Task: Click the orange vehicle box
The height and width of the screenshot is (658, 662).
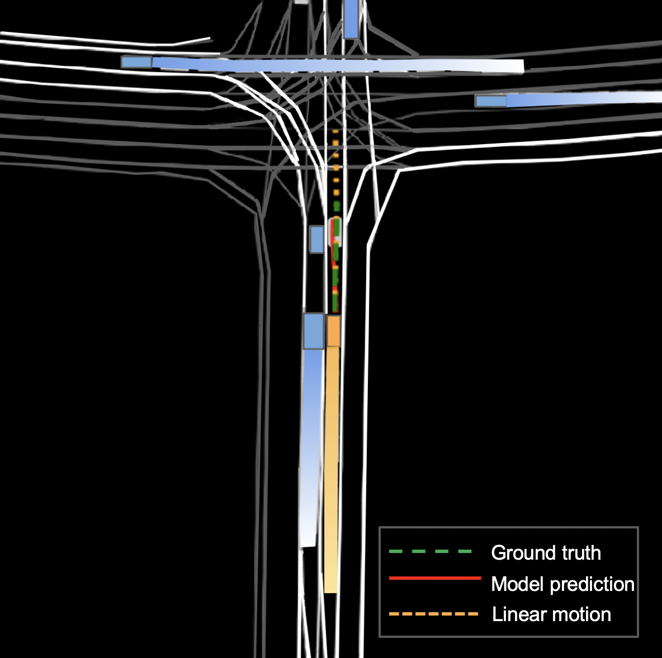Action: (x=333, y=331)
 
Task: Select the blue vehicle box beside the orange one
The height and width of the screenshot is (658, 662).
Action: (x=314, y=331)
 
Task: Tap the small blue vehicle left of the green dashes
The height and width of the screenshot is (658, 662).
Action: (x=317, y=239)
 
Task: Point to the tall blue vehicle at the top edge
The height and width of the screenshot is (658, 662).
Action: (x=351, y=18)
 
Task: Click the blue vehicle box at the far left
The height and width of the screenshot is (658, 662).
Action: (x=136, y=61)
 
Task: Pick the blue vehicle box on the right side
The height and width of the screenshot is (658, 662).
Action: (x=490, y=101)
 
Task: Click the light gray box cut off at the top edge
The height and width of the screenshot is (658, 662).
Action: (x=301, y=2)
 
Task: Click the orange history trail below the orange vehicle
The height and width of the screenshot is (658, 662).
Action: (x=332, y=469)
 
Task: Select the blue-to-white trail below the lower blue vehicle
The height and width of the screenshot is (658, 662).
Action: (x=311, y=447)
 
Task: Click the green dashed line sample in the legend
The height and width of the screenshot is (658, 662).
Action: (x=431, y=552)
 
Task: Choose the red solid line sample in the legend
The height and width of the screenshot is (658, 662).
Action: (x=434, y=578)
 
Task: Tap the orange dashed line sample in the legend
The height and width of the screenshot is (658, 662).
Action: (x=434, y=614)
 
